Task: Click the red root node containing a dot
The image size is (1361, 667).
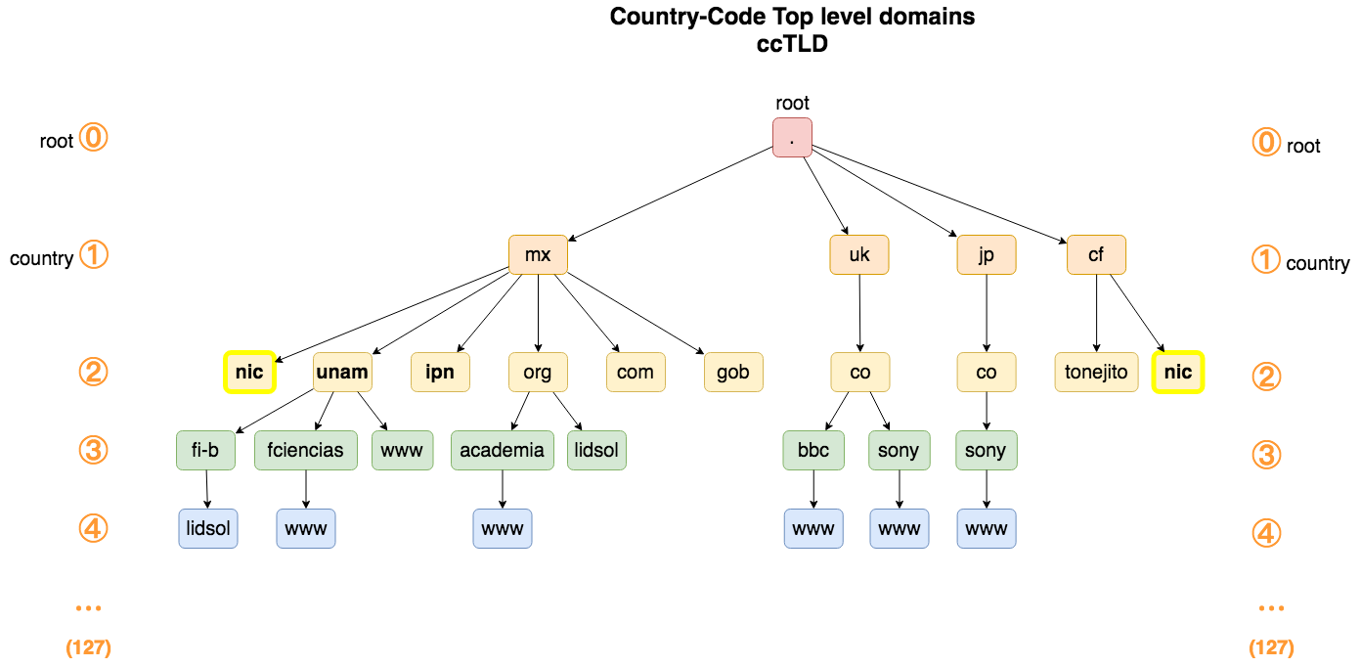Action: click(792, 137)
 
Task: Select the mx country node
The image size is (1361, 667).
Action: click(538, 255)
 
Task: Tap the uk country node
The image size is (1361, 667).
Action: click(859, 255)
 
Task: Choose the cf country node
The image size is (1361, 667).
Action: click(1096, 255)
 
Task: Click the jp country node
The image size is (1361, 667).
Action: click(987, 255)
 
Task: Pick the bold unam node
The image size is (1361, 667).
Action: click(342, 372)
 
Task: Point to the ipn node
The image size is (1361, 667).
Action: click(440, 372)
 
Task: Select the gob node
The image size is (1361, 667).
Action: click(733, 372)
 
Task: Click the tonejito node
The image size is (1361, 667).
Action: click(1096, 372)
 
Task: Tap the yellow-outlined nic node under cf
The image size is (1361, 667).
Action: click(1178, 372)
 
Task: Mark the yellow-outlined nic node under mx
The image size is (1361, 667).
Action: click(249, 372)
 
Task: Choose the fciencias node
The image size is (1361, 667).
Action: click(306, 451)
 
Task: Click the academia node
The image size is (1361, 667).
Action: click(503, 451)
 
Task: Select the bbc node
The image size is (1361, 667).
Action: click(813, 451)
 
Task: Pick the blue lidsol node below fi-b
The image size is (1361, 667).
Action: click(208, 529)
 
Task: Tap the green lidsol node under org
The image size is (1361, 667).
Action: click(596, 451)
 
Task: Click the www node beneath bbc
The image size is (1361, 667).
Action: click(813, 529)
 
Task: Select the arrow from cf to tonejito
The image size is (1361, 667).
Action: click(1096, 313)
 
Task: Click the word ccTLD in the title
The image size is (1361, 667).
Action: click(792, 43)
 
